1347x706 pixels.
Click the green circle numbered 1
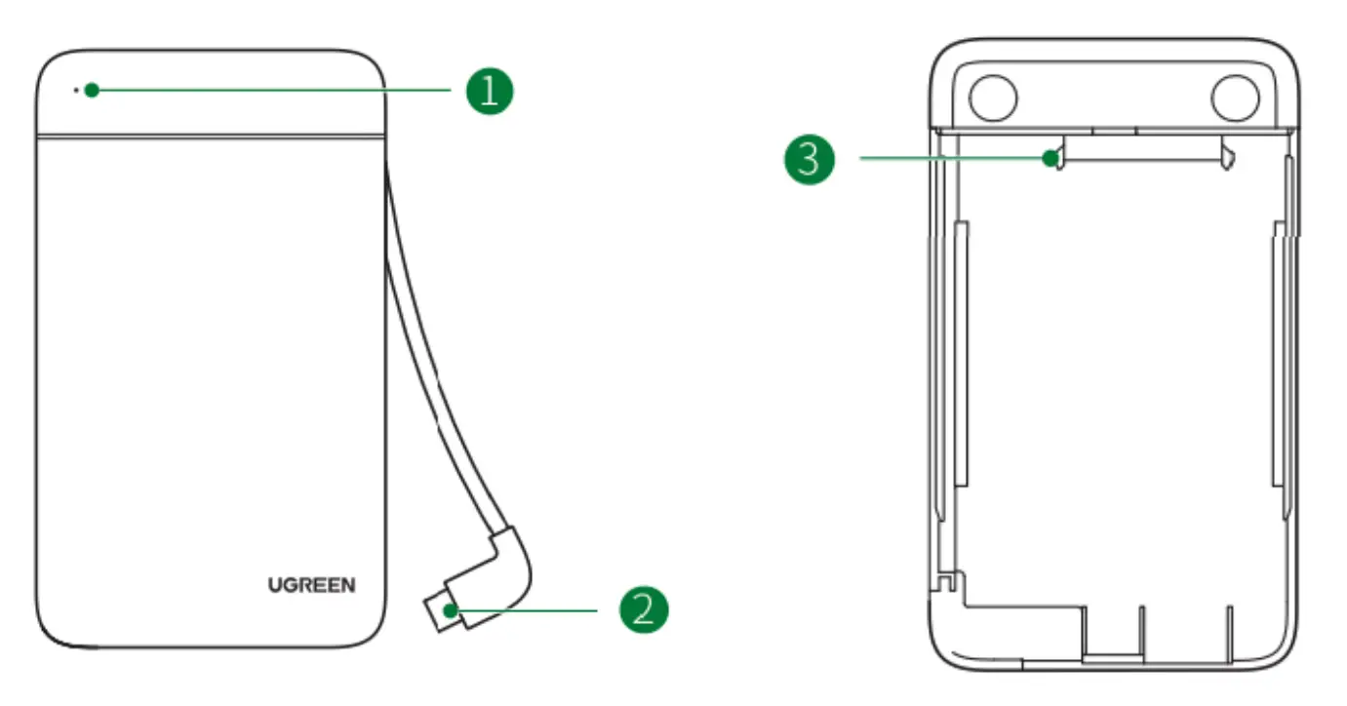488,91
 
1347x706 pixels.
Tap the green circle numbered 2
644,610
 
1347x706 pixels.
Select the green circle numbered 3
810,159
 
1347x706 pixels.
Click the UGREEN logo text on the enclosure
312,585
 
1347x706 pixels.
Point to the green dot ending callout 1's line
91,91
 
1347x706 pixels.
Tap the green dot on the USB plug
449,610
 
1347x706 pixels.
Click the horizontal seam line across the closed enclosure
210,136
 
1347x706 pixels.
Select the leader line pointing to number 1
273,91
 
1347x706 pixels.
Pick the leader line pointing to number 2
527,610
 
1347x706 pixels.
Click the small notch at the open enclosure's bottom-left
943,583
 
